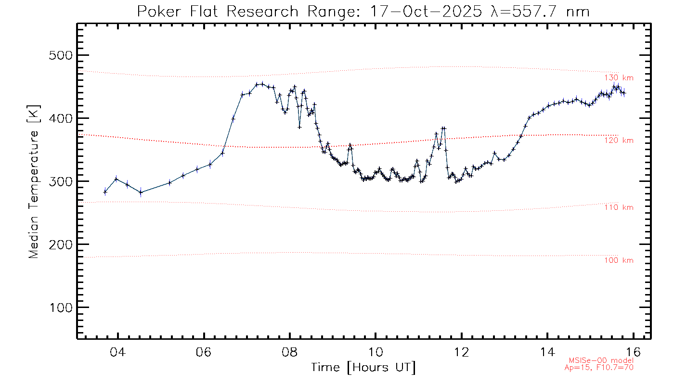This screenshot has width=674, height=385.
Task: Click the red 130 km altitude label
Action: click(x=619, y=78)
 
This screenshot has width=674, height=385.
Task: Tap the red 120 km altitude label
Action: click(x=619, y=141)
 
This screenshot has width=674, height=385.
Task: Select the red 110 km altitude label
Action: click(x=619, y=207)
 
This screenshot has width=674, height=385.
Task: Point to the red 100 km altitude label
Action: click(x=619, y=260)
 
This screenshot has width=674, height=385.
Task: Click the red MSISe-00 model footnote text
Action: click(x=601, y=360)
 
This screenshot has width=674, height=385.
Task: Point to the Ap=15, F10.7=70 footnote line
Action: click(x=599, y=368)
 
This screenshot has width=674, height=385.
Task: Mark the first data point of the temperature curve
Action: click(x=105, y=192)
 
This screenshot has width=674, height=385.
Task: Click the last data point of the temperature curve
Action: click(x=624, y=93)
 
